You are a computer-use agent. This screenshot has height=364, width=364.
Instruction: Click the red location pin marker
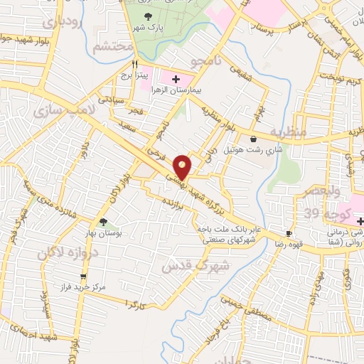pyautogui.click(x=183, y=166)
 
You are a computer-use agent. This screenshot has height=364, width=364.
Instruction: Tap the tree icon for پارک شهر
pyautogui.click(x=148, y=16)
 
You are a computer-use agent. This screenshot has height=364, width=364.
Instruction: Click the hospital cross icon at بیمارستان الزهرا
pyautogui.click(x=176, y=77)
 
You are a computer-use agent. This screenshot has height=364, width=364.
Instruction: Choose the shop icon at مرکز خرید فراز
pyautogui.click(x=84, y=277)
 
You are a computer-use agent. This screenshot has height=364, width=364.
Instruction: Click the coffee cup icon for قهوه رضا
pyautogui.click(x=289, y=233)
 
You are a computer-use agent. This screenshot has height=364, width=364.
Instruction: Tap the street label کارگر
pyautogui.click(x=134, y=304)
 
